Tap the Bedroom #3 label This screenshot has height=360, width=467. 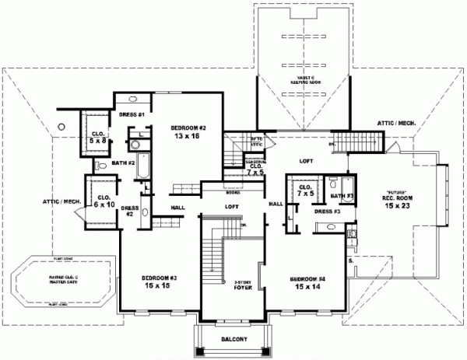159,282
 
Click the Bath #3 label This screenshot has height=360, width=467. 346,195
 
